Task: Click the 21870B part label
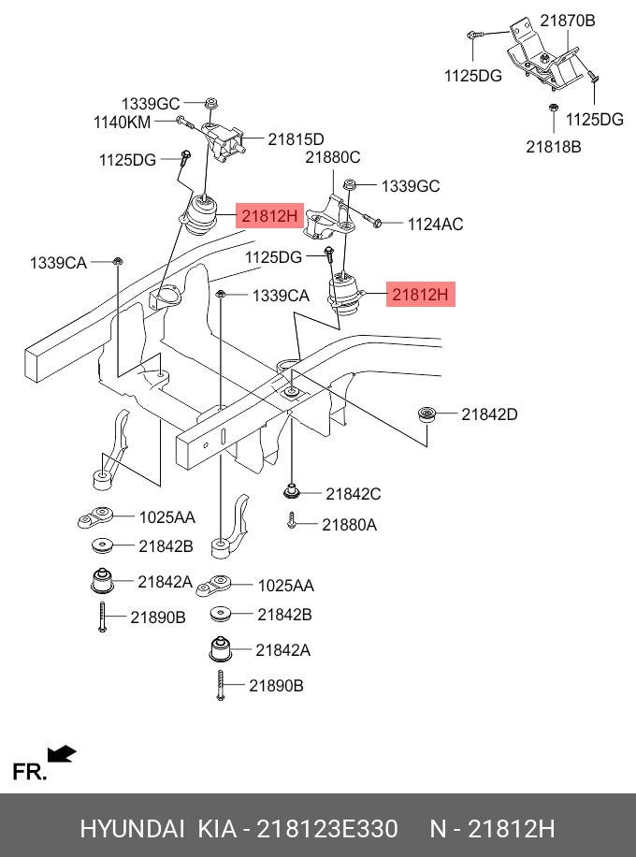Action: pos(567,20)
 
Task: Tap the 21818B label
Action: pos(553,146)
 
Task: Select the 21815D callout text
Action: pos(296,139)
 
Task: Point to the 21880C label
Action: pos(332,157)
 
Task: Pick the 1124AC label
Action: pos(435,225)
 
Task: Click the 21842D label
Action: pos(489,414)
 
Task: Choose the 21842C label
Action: pos(354,493)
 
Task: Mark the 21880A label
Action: pos(349,525)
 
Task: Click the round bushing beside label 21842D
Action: pos(429,414)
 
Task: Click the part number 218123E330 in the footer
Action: pos(327,829)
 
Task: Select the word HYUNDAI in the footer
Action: pos(132,829)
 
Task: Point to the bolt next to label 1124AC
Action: pos(370,222)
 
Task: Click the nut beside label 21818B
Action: pos(553,115)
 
